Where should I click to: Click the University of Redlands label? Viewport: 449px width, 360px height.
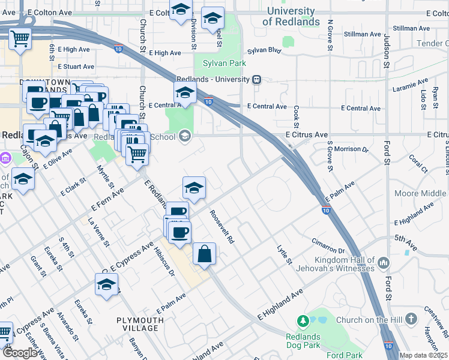tap(291, 16)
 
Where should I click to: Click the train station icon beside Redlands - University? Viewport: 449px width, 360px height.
tap(257, 79)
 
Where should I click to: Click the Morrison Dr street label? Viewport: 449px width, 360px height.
tap(351, 148)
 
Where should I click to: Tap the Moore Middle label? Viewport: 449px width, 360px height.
tap(421, 193)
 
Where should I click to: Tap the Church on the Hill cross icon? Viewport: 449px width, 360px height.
tap(410, 319)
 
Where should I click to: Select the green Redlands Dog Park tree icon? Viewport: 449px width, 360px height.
tap(303, 322)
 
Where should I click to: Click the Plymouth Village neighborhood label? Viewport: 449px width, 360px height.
tap(140, 325)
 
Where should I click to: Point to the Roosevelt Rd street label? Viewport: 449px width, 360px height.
tap(221, 226)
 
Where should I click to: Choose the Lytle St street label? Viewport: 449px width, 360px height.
tap(284, 254)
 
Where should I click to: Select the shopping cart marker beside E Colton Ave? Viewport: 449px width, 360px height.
tap(20, 39)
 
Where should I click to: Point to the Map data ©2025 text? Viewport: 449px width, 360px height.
tap(423, 355)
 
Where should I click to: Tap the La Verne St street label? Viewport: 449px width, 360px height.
tap(98, 232)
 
